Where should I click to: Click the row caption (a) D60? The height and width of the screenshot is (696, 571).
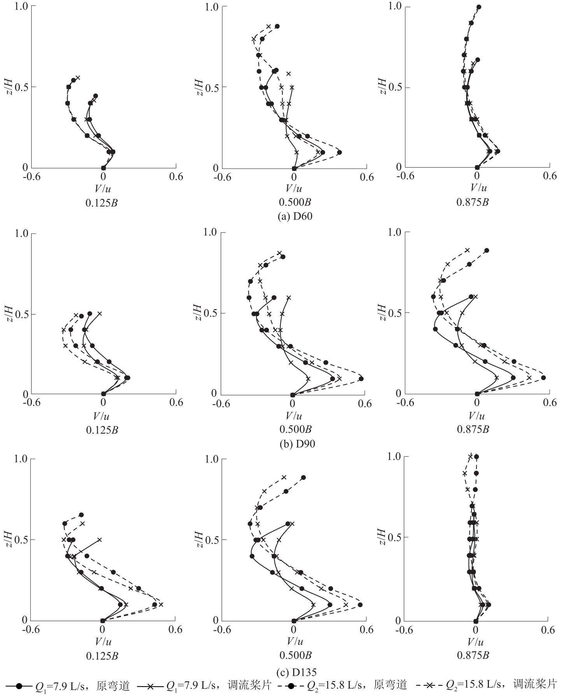(x=295, y=216)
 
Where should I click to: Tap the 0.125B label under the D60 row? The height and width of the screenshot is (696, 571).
(x=102, y=202)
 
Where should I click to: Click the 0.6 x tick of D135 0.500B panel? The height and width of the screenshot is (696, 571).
(x=365, y=629)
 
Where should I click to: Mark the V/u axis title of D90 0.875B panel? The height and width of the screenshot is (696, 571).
(x=475, y=416)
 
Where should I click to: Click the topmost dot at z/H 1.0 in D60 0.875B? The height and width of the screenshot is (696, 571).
(x=479, y=7)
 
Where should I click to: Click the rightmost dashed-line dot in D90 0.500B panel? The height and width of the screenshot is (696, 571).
(x=361, y=378)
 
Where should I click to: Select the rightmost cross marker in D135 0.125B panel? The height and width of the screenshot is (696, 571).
(x=161, y=605)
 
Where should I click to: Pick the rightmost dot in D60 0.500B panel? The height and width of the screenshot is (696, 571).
(x=339, y=152)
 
